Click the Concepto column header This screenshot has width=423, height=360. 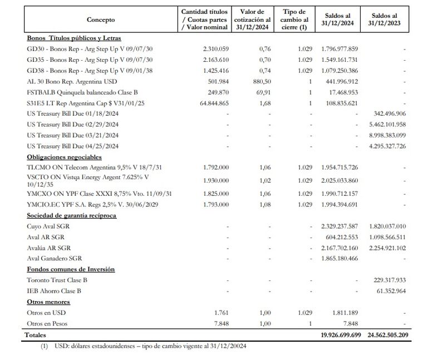click(101, 19)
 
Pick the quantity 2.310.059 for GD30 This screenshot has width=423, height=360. click(213, 49)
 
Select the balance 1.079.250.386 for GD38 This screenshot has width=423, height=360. click(339, 71)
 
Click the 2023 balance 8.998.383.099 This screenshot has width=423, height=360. click(387, 135)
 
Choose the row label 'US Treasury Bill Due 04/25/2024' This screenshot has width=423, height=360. click(72, 146)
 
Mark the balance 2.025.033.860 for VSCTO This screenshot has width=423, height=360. click(339, 181)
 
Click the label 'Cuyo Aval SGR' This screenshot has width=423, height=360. click(48, 226)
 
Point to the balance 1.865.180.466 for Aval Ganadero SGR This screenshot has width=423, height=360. click(339, 259)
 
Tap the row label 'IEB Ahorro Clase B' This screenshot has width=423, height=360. click(54, 291)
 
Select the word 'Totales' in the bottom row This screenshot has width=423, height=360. click(35, 336)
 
